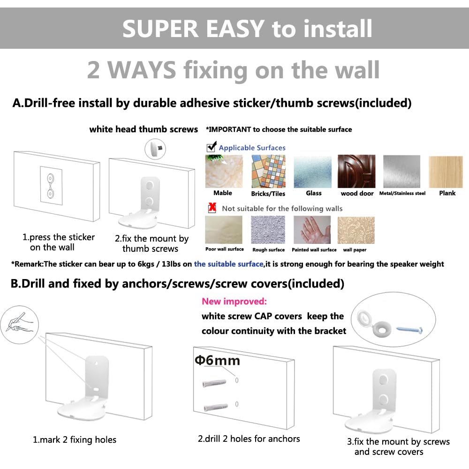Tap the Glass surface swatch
pyautogui.click(x=313, y=171)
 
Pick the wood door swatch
pyautogui.click(x=356, y=171)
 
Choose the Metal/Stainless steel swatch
pyautogui.click(x=402, y=171)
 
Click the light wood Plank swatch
pyautogui.click(x=446, y=171)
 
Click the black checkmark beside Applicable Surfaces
pyautogui.click(x=212, y=147)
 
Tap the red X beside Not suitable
pyautogui.click(x=212, y=208)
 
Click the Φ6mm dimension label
pyautogui.click(x=217, y=360)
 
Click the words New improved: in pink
pyautogui.click(x=234, y=302)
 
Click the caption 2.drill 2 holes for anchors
pyautogui.click(x=249, y=439)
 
